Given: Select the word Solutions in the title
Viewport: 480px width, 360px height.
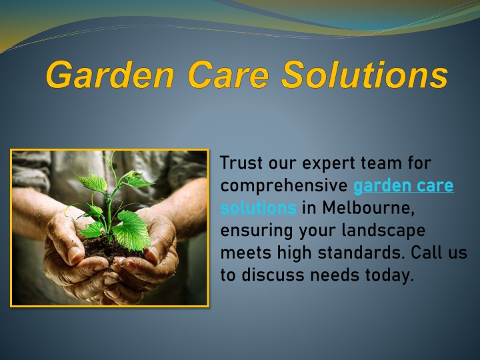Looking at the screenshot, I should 364,75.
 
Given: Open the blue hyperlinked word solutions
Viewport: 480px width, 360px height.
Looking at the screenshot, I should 258,207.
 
